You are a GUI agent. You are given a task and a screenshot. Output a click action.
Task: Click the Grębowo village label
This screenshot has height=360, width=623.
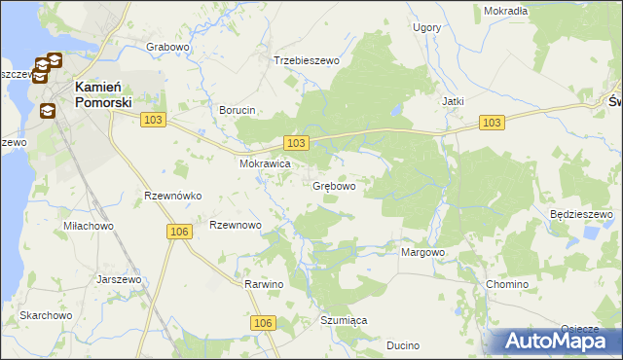[x=333, y=185]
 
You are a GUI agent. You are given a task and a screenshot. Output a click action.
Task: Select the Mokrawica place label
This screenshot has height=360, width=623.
[x=266, y=164]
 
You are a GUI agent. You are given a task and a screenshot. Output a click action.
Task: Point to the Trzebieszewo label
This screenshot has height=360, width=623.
[x=306, y=60]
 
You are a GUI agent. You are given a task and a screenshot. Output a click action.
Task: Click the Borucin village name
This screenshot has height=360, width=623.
[x=238, y=110]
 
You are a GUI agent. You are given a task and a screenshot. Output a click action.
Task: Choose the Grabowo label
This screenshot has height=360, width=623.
[x=167, y=47]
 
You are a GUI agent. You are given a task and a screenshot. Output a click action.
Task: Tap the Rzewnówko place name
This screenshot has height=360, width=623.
[x=172, y=196]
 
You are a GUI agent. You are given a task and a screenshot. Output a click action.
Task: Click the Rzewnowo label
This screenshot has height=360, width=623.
[x=236, y=225]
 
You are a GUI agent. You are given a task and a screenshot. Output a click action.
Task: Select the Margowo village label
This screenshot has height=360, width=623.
[x=422, y=252]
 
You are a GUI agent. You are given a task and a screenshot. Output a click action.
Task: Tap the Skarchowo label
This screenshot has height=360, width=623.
[x=47, y=315]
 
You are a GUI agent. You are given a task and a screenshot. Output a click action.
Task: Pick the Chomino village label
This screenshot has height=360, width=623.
[x=506, y=284]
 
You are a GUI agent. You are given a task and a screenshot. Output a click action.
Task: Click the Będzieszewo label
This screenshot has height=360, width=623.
[x=580, y=214]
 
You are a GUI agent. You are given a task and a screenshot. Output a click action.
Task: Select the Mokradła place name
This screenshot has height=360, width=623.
[x=505, y=11]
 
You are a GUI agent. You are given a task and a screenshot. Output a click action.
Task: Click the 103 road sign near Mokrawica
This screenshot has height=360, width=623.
[x=298, y=143]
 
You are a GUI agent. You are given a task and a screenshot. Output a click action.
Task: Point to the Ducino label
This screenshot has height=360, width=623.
[x=402, y=345]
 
